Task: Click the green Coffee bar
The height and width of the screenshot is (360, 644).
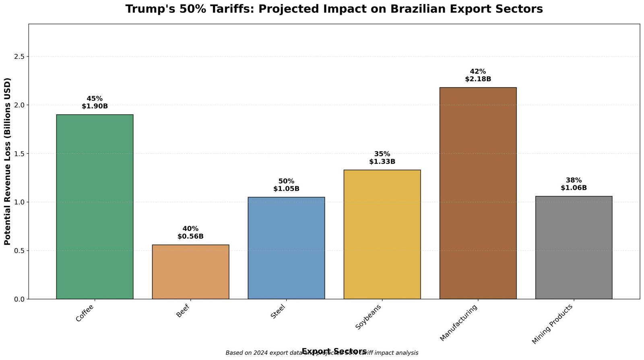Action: click(95, 207)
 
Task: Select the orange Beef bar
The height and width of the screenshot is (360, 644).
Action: click(190, 272)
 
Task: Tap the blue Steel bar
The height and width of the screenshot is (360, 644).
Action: click(286, 248)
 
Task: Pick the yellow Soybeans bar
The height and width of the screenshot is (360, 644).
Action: click(382, 234)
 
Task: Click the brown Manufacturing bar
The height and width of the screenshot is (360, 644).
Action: click(478, 193)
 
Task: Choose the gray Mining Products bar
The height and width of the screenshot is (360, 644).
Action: click(574, 247)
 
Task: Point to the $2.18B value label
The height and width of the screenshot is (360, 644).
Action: click(478, 79)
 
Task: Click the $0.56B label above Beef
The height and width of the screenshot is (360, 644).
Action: click(190, 237)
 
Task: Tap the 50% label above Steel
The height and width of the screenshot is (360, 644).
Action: click(286, 181)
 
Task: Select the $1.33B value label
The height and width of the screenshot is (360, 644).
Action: click(382, 162)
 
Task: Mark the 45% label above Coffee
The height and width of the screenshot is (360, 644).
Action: click(95, 99)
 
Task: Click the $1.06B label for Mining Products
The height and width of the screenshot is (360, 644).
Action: click(574, 188)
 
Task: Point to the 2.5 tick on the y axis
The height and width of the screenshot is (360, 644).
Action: click(19, 56)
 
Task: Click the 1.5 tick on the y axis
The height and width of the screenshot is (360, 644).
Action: click(19, 154)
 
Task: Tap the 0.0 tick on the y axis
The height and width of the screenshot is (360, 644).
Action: click(19, 299)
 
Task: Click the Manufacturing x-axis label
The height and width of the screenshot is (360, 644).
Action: click(459, 323)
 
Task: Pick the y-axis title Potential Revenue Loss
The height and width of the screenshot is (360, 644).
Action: click(7, 161)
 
